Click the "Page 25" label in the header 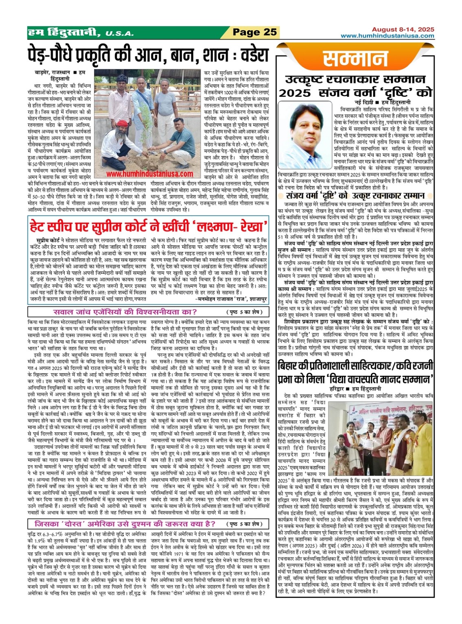click(255, 32)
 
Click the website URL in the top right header click(387, 36)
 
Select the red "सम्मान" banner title click(355, 59)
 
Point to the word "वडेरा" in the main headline click(247, 55)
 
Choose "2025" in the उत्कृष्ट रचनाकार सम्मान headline click(295, 93)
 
